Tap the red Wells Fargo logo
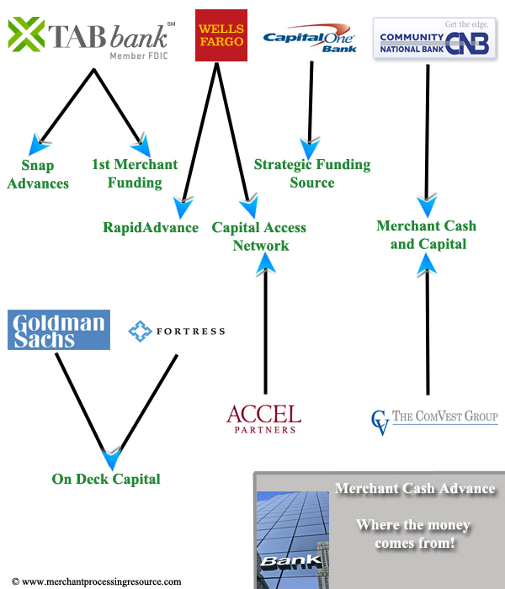(221, 34)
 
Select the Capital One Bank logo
(309, 40)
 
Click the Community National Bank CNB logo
(434, 37)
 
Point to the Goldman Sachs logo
(59, 330)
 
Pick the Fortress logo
(177, 332)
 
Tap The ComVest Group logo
(434, 419)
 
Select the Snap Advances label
(38, 173)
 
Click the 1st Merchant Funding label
(135, 173)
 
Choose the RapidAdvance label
(151, 227)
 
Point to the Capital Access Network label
(259, 236)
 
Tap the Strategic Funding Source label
(312, 173)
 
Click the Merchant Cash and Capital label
(427, 235)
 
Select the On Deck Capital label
(106, 479)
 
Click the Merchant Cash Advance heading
(415, 489)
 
